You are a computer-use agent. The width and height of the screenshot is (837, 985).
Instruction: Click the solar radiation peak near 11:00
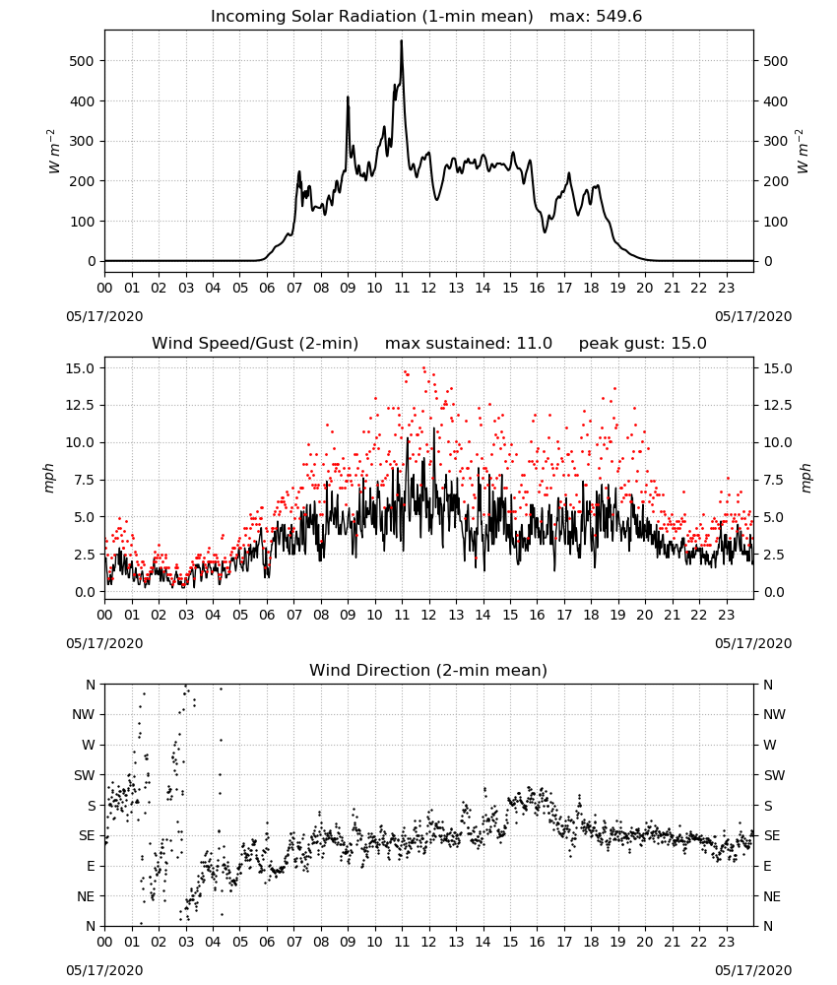coord(401,41)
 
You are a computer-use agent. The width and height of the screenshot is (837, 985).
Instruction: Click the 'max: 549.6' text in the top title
coord(596,17)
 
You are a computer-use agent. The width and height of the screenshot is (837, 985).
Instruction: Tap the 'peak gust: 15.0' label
coord(642,344)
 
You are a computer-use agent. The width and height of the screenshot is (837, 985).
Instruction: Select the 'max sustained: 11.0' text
coord(469,344)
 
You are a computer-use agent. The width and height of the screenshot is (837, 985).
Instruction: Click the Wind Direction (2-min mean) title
coord(428,670)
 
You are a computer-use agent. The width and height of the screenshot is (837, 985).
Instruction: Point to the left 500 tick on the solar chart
coord(82,61)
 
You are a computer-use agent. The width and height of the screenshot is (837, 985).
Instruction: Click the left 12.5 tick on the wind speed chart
coord(81,405)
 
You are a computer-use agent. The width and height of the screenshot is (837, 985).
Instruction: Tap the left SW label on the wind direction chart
coord(85,775)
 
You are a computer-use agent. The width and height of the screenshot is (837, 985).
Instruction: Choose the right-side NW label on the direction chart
coord(774,714)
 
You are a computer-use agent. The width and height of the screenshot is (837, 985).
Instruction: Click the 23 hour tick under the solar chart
coord(726,289)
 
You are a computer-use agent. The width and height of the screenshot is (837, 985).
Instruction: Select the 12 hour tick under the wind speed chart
coord(429,615)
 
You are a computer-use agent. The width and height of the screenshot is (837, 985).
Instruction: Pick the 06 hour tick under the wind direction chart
coord(267,944)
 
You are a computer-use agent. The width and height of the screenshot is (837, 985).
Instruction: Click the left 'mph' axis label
coord(49,478)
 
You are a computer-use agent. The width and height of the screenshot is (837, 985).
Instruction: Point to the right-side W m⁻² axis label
coord(804,152)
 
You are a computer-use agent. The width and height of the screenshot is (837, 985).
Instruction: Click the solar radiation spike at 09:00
coord(348,98)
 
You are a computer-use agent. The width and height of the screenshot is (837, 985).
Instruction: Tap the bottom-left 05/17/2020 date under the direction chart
coord(104,970)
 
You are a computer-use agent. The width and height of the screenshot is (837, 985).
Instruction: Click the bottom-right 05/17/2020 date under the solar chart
coord(753,316)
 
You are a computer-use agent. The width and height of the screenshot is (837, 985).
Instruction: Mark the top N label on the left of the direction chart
coord(91,685)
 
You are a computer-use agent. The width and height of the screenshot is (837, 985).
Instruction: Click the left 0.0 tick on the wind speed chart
coord(85,592)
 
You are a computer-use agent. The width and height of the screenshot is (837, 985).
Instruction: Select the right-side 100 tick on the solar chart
coord(776,221)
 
